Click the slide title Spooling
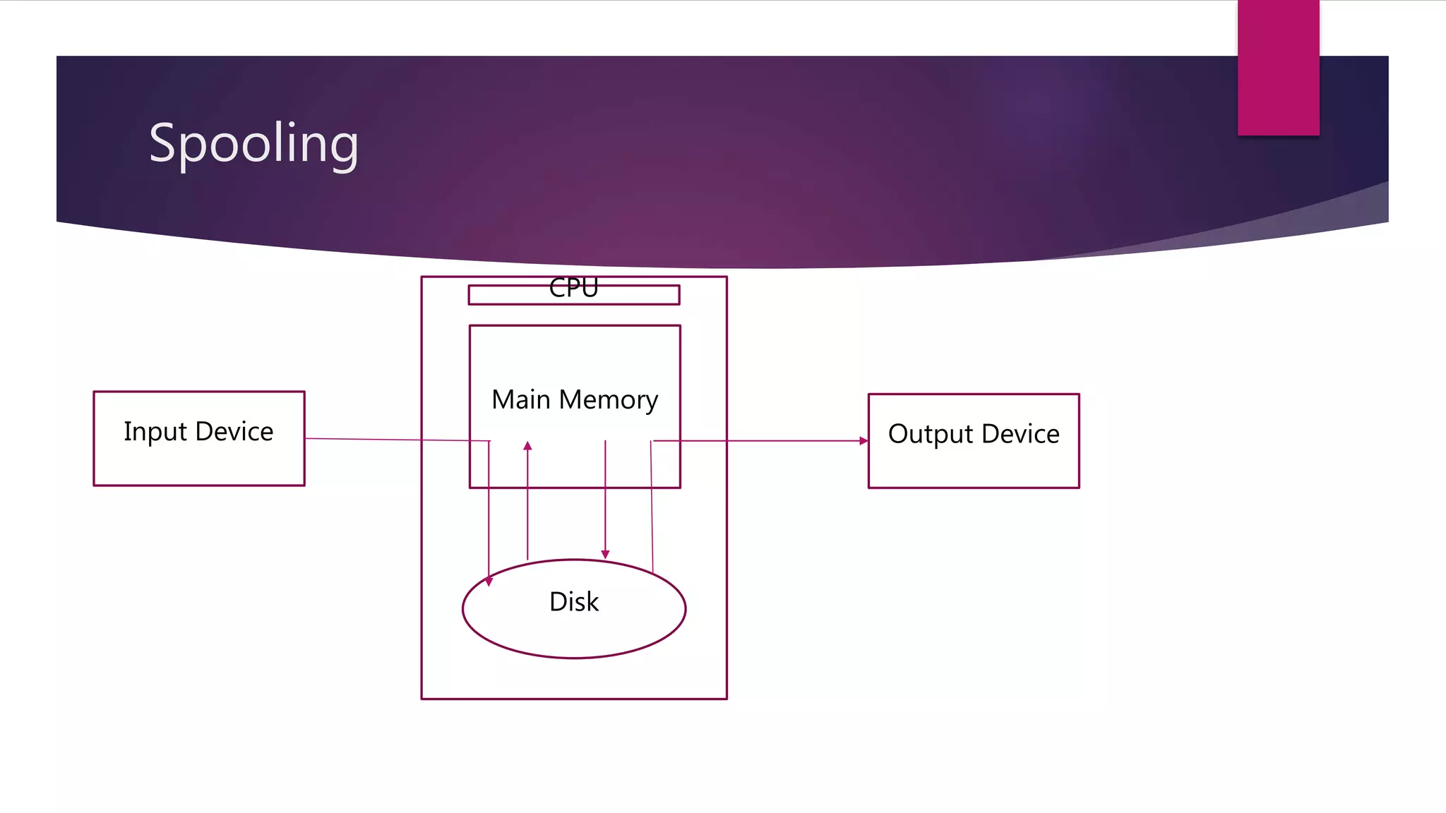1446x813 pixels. pos(253,143)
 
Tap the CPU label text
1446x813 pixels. pos(573,288)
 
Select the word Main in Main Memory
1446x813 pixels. pos(521,399)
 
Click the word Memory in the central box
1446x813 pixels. pos(608,400)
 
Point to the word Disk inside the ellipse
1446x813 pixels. pos(573,602)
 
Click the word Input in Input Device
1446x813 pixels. pos(155,432)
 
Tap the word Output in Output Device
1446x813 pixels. pos(931,434)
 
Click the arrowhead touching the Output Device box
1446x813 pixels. pos(864,441)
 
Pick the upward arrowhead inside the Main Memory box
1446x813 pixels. pos(527,446)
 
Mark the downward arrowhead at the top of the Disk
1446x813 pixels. pos(605,555)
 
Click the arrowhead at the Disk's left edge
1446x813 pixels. pos(489,582)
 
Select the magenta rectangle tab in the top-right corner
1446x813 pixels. pos(1278,67)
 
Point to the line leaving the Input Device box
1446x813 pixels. pos(367,440)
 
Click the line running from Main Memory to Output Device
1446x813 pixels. pos(777,441)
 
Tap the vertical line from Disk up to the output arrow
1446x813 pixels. pos(652,508)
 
